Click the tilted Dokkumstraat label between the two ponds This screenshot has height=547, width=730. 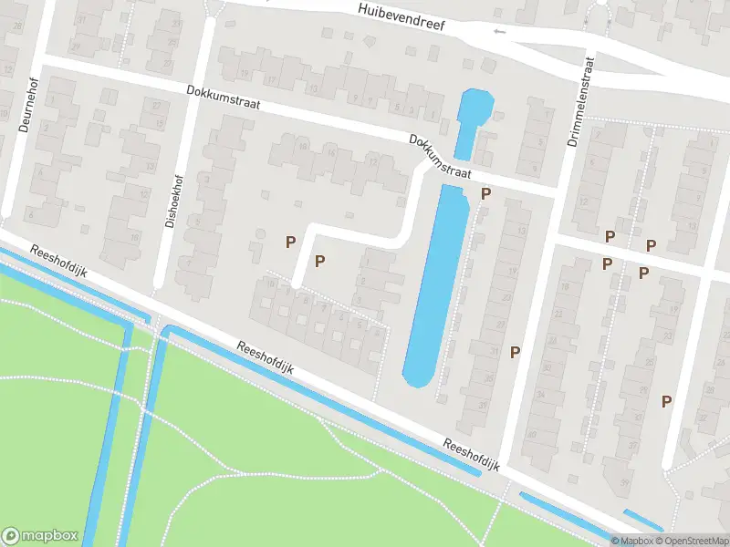(440, 157)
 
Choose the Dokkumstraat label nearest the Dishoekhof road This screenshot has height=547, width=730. (223, 98)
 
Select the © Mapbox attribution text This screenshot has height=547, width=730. (631, 541)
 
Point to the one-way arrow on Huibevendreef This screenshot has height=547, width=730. (498, 32)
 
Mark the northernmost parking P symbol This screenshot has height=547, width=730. (486, 193)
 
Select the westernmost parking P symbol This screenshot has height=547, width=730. (290, 242)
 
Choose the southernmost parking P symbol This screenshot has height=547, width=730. (667, 400)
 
